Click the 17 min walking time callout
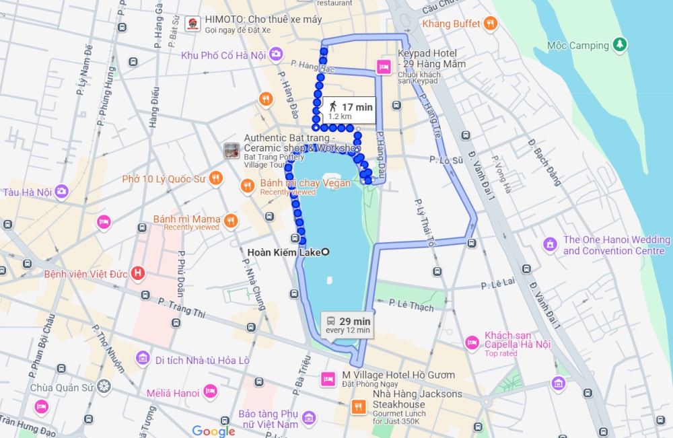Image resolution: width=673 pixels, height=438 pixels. click(x=349, y=110)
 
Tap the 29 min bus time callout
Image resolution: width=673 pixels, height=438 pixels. click(x=347, y=325)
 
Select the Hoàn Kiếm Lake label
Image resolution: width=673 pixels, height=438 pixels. click(x=284, y=252)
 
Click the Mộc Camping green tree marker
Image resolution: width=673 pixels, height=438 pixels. click(x=620, y=45)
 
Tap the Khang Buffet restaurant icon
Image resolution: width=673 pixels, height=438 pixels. click(x=491, y=24)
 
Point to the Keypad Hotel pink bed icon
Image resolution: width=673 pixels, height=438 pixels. click(x=384, y=67)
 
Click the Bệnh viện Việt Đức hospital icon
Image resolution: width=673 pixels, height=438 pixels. click(x=137, y=273)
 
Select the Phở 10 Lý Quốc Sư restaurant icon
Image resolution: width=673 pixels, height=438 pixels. click(x=215, y=178)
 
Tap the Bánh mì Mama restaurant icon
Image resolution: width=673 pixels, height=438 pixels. click(x=231, y=220)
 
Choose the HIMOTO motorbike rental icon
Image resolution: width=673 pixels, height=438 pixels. click(x=192, y=24)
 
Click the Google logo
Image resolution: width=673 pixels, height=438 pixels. click(x=213, y=431)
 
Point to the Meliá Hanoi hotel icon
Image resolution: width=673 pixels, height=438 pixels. click(x=210, y=392)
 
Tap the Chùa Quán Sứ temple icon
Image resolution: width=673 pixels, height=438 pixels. click(x=103, y=386)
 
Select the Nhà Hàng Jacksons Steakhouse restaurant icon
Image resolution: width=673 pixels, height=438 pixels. click(x=359, y=406)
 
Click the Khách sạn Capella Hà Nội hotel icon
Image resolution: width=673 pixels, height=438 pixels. click(x=472, y=343)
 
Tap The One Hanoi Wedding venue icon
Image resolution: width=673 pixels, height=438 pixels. click(x=550, y=244)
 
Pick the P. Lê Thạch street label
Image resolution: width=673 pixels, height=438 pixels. click(x=411, y=306)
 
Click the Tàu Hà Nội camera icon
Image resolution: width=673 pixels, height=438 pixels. click(x=61, y=191)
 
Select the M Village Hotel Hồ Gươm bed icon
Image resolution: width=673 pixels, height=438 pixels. click(x=328, y=379)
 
